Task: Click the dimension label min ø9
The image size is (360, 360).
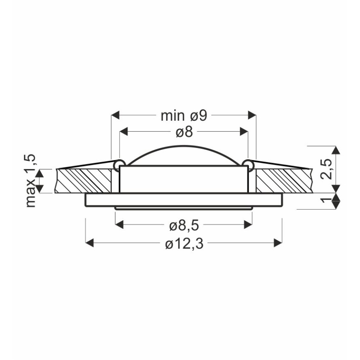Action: pos(184,116)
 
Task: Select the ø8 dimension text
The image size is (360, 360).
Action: pos(184,132)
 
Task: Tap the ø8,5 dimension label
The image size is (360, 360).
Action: pos(184,226)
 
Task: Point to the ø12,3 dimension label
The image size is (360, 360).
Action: pos(184,244)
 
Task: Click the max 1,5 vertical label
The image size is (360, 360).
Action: pos(31,181)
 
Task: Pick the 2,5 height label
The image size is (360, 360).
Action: pos(326,169)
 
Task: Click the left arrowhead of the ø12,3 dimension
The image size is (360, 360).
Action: pos(89,243)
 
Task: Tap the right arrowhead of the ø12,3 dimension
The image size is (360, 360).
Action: pos(278,243)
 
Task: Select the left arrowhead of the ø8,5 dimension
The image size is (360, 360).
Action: pos(119,224)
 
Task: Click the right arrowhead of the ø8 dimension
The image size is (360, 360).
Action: pos(244,132)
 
